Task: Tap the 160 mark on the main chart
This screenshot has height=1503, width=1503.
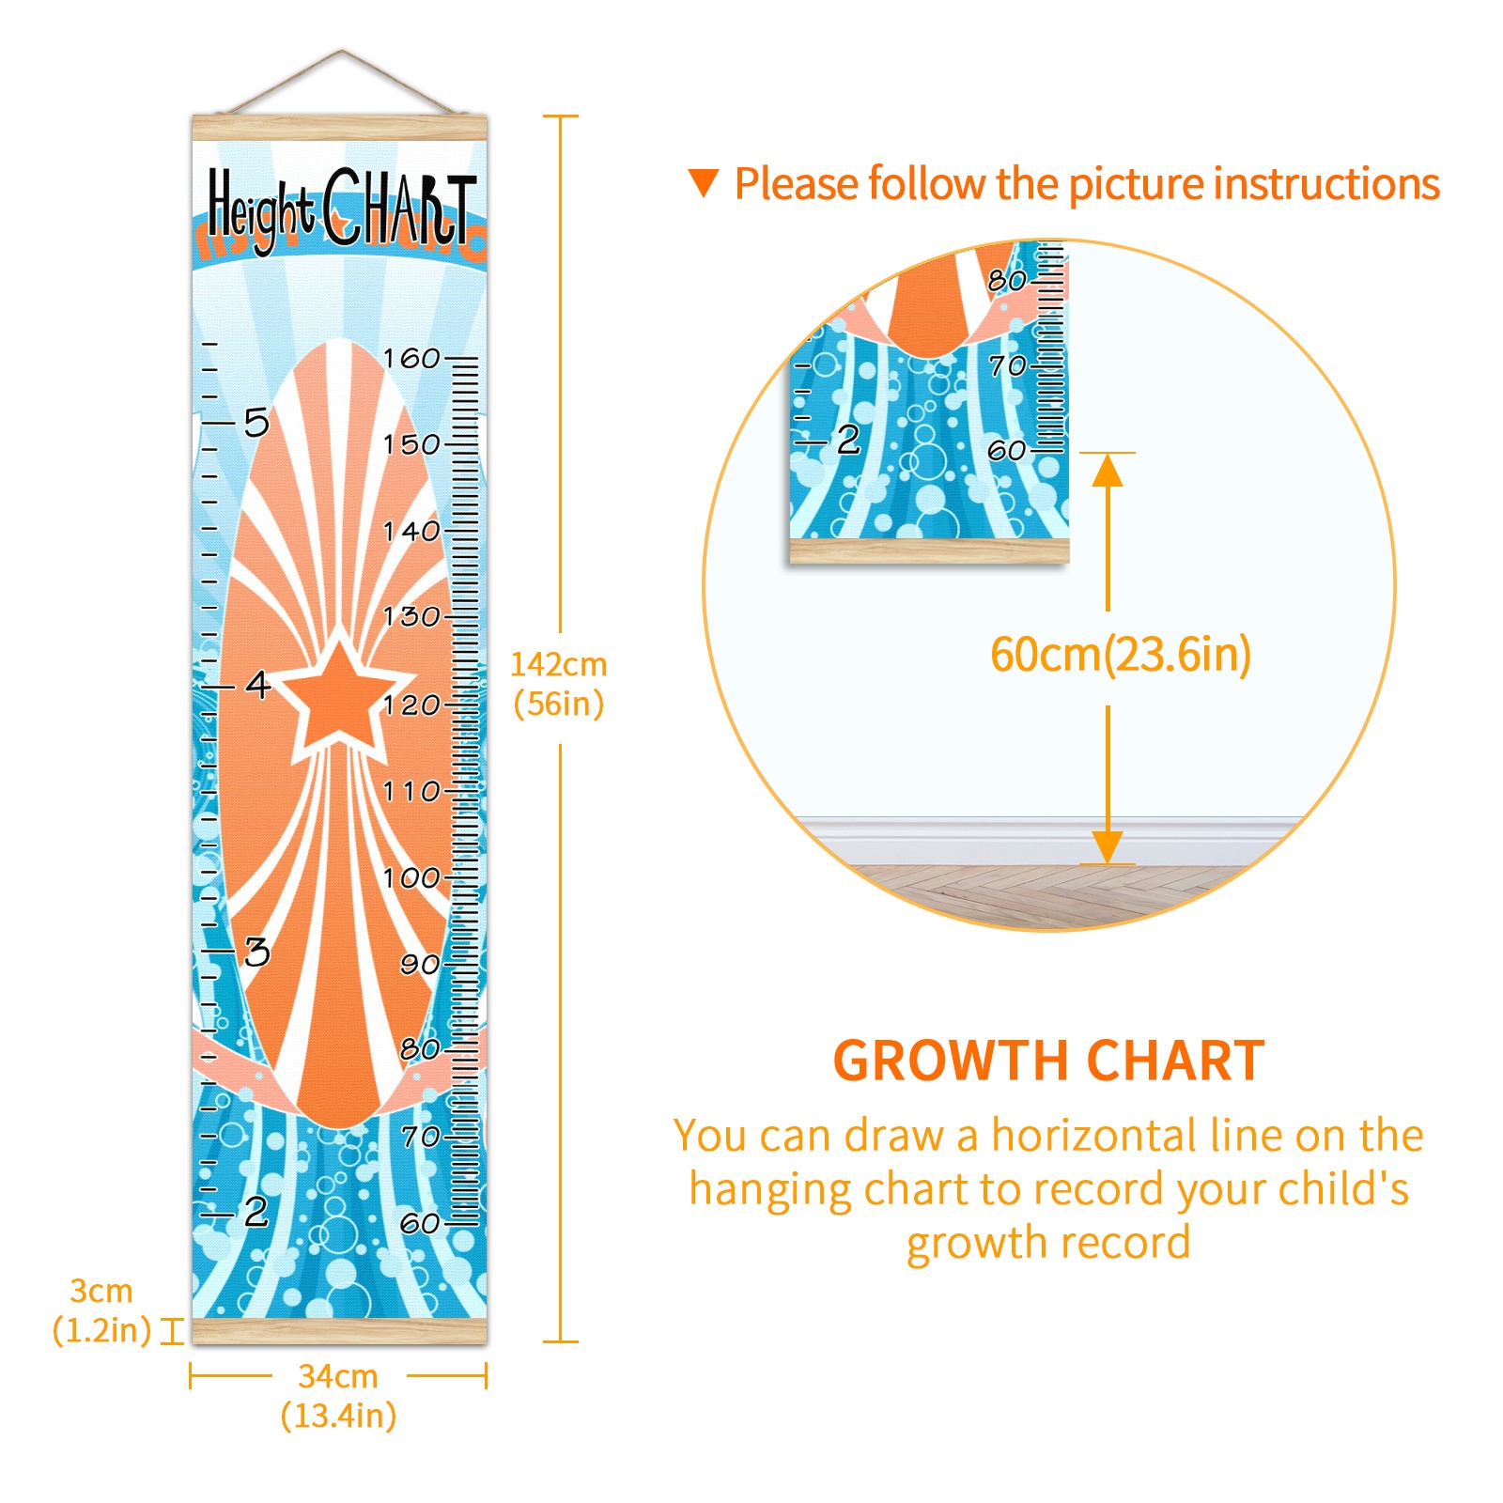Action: [411, 358]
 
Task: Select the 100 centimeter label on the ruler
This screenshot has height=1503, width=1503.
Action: [411, 877]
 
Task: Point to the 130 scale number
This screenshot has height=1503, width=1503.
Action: [411, 617]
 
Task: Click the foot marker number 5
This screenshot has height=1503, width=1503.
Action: [256, 423]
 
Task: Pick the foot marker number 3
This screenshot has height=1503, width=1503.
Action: [257, 953]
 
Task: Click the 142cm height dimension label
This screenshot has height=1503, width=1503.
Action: [559, 684]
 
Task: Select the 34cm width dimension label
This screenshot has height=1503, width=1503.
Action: [338, 1396]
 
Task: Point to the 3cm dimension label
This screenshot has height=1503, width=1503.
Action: [101, 1310]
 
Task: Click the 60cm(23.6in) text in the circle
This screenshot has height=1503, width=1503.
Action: [1121, 655]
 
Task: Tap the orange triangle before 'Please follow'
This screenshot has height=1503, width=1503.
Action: [704, 183]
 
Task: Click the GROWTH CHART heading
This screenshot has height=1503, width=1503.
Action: [1049, 1061]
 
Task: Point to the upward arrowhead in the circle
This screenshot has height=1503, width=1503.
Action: [1108, 470]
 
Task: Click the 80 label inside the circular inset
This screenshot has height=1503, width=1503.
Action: [1007, 280]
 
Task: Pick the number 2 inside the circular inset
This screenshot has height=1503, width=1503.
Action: [848, 440]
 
